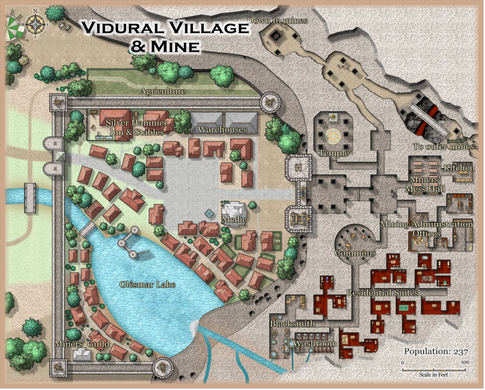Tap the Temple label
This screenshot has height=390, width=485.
click(333, 153)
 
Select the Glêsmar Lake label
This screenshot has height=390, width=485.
click(147, 284)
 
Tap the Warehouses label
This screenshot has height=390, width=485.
click(222, 129)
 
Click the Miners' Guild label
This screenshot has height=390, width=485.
click(82, 344)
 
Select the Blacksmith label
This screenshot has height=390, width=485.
click(292, 324)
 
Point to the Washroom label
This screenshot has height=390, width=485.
click(315, 343)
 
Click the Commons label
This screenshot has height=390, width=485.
click(355, 253)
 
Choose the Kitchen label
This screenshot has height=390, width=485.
click(459, 168)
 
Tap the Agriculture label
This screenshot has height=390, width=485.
click(163, 91)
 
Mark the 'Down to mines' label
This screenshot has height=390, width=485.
click(277, 21)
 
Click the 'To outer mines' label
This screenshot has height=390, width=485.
click(443, 147)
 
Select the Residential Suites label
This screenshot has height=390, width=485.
click(382, 293)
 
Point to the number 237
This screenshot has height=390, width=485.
click(460, 351)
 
